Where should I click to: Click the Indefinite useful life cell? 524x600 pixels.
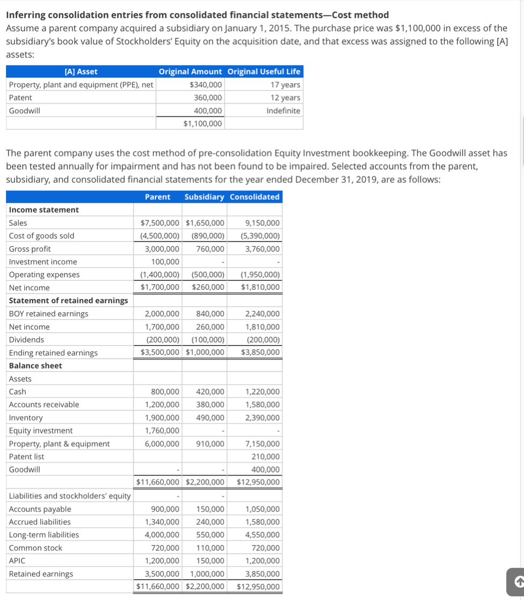click(x=284, y=111)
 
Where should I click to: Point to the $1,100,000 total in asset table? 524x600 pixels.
click(x=202, y=124)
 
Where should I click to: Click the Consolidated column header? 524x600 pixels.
click(x=254, y=197)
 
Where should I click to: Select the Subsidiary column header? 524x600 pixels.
click(x=204, y=197)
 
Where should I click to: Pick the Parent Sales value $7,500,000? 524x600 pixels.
click(x=160, y=223)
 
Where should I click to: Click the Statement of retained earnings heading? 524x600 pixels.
click(x=68, y=301)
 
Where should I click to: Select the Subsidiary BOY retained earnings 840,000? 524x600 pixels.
click(x=210, y=314)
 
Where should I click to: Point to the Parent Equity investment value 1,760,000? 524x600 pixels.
click(x=162, y=431)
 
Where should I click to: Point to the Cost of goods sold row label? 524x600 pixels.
click(x=42, y=236)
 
